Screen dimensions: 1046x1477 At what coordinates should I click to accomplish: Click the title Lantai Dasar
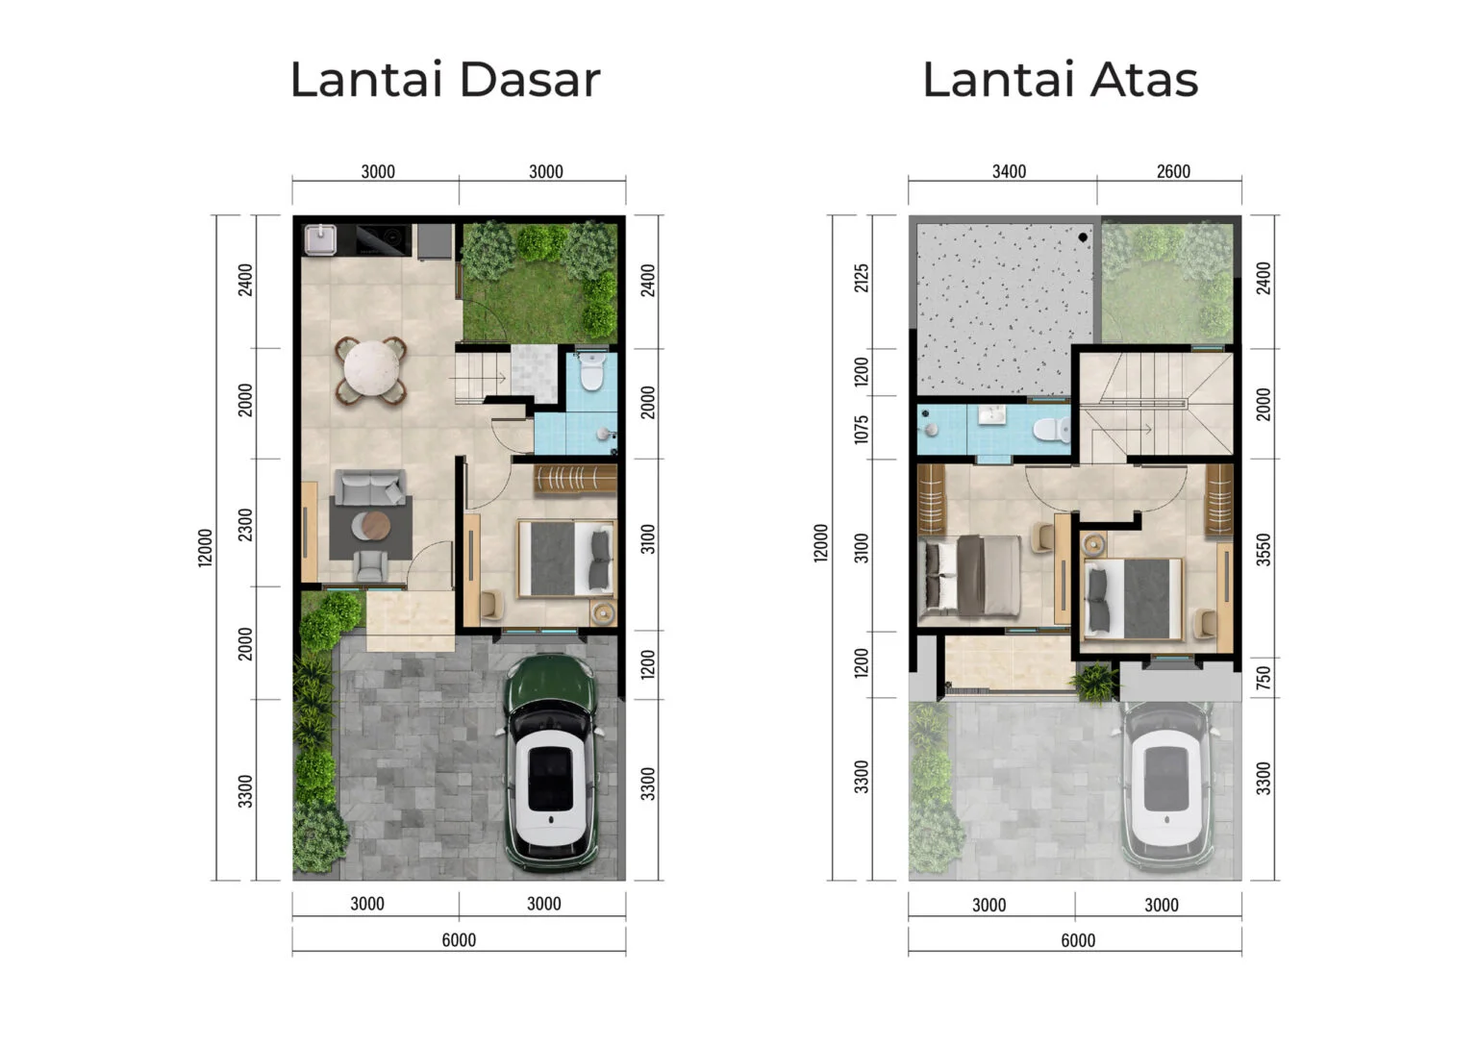444,79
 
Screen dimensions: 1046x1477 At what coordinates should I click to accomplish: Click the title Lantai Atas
1060,79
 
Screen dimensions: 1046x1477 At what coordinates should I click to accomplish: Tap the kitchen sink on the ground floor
318,238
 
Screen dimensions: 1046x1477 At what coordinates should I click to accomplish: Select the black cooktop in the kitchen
383,238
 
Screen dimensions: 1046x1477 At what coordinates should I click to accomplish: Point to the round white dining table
370,368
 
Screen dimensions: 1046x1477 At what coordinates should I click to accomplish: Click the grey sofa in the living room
369,487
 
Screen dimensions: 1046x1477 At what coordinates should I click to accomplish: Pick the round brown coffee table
371,525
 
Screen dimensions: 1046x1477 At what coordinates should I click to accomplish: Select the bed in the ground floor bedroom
566,559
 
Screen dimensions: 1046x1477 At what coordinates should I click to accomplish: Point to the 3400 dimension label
1009,171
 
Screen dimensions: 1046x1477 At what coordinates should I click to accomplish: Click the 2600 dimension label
1173,171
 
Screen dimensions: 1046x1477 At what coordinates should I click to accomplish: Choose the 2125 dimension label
862,278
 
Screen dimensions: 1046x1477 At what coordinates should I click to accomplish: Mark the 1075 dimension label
862,429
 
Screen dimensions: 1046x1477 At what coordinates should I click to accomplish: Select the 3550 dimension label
1264,549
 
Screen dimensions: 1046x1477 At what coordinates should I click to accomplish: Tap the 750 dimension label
1264,677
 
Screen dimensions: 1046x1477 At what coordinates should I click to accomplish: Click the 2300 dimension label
246,524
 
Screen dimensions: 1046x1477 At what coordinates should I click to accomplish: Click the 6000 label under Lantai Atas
1077,940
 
